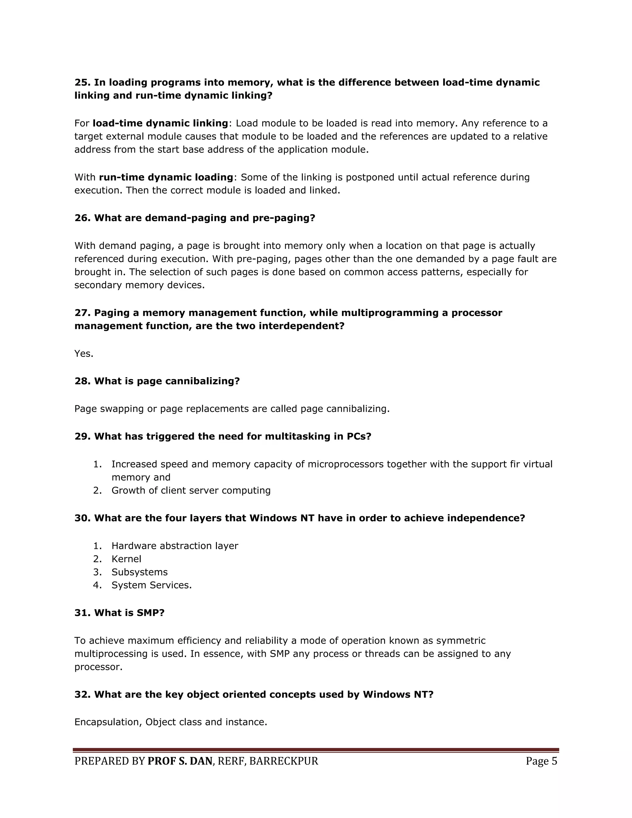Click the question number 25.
82,82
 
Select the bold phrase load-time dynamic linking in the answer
160,123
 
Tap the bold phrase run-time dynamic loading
166,177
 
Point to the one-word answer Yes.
84,353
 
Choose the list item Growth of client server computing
191,490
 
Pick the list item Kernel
126,559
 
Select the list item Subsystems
139,572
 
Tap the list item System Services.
151,585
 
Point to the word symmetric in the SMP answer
461,641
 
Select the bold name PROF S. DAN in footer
180,761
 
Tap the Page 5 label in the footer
541,761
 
